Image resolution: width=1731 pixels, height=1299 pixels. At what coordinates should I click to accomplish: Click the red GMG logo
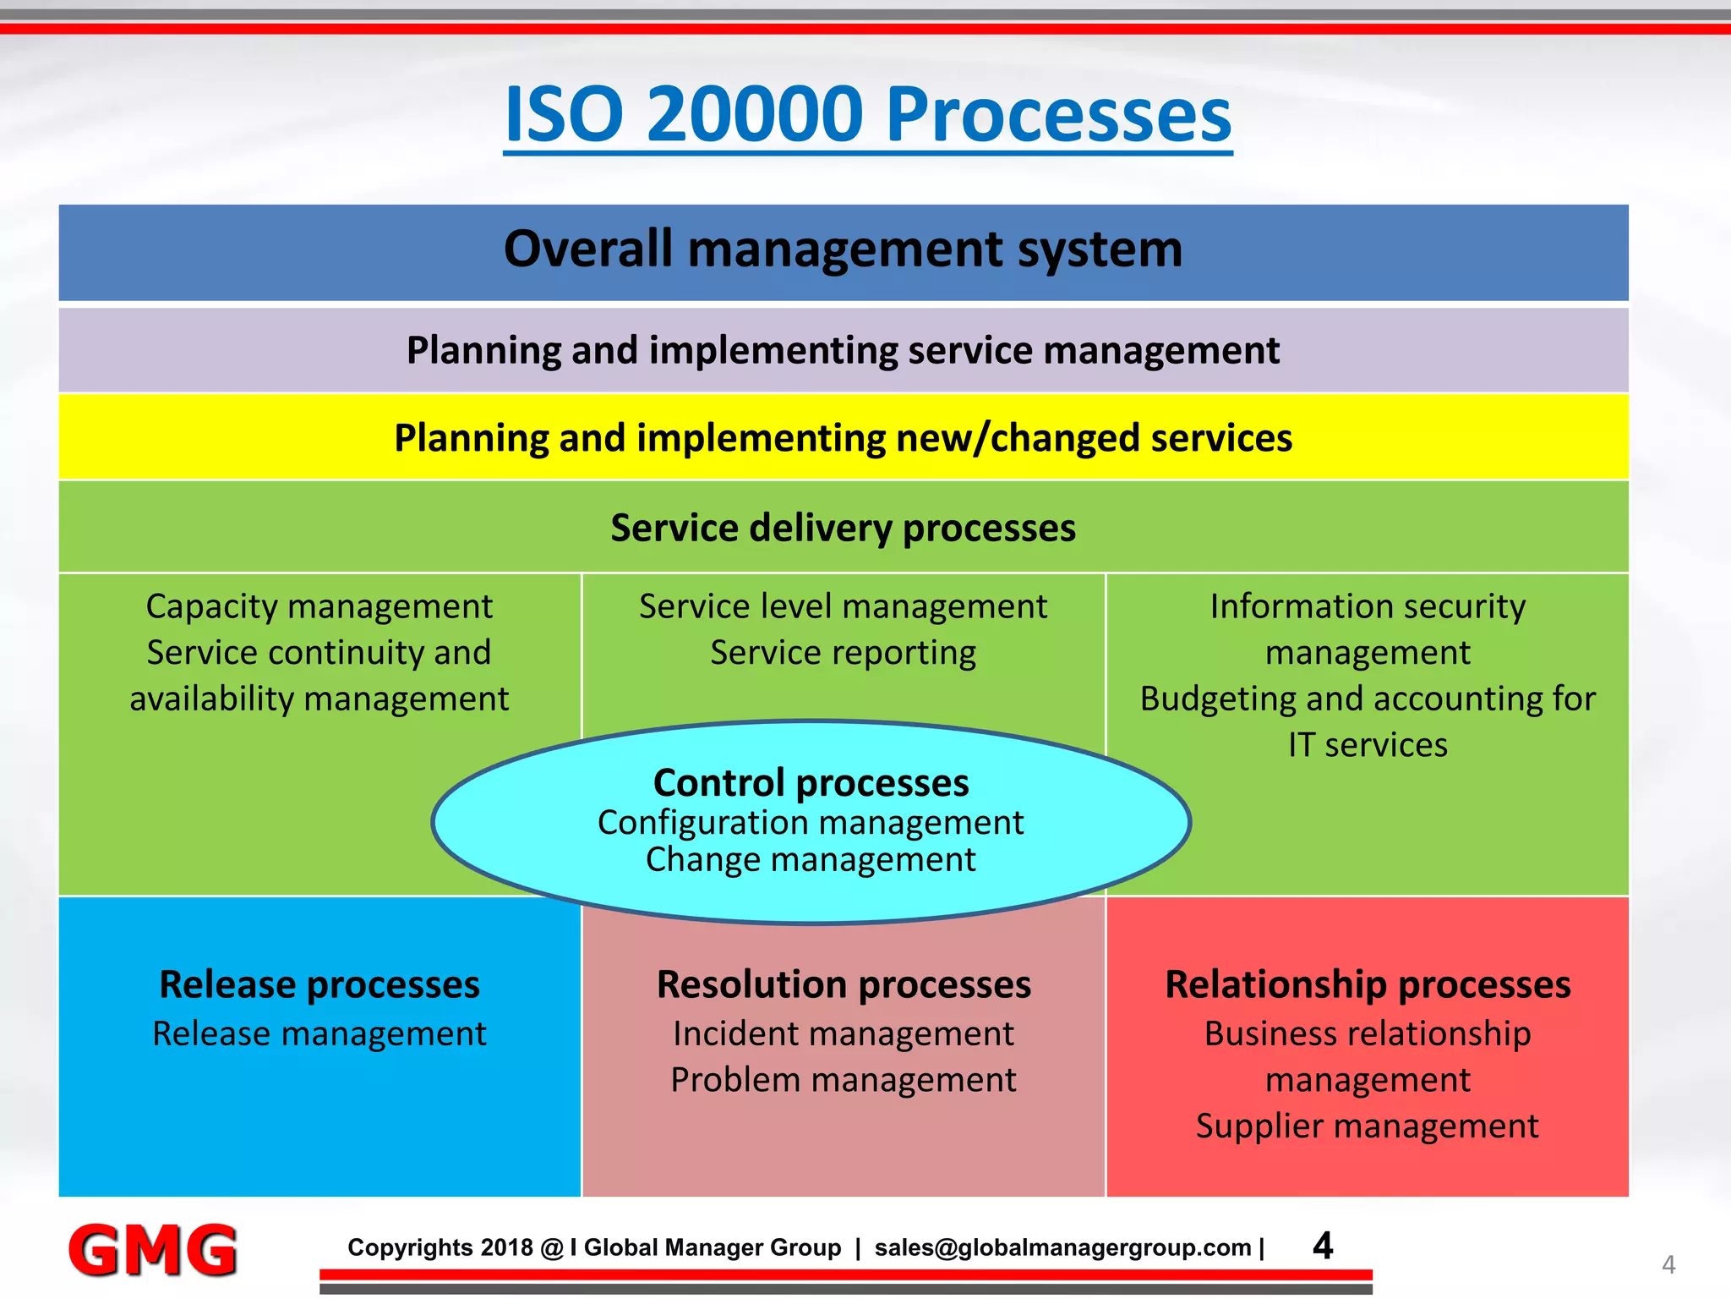click(153, 1249)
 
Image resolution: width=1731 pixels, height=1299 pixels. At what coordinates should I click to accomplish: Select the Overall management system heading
click(843, 249)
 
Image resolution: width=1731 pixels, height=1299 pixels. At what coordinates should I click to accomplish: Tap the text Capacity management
click(319, 606)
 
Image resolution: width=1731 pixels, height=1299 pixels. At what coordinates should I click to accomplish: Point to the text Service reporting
click(843, 653)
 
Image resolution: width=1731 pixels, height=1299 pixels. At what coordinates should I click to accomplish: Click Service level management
click(843, 606)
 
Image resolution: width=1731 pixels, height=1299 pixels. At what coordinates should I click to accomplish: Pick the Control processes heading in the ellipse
click(811, 782)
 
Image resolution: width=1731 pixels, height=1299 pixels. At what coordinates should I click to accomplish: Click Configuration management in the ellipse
click(811, 822)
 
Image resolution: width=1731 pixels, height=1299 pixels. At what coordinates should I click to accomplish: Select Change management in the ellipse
click(811, 859)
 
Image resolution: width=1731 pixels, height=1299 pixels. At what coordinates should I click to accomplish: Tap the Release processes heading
click(319, 984)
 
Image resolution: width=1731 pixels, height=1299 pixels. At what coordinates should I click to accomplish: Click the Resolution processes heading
click(844, 984)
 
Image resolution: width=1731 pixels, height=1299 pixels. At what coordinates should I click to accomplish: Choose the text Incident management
click(844, 1033)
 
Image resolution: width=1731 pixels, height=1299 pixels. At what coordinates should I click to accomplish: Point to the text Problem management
click(844, 1080)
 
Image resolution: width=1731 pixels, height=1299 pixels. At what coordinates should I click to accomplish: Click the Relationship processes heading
click(1368, 984)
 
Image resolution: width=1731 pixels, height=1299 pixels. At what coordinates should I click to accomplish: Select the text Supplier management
click(1368, 1126)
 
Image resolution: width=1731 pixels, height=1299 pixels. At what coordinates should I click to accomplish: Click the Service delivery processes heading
click(843, 528)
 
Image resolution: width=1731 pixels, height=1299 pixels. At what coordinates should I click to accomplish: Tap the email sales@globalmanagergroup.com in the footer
click(1062, 1247)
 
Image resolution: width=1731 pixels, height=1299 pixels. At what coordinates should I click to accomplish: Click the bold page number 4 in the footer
click(1323, 1246)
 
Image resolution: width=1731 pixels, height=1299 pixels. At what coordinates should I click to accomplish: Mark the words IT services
click(1368, 745)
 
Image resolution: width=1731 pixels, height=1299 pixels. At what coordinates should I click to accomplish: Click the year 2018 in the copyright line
click(506, 1247)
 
